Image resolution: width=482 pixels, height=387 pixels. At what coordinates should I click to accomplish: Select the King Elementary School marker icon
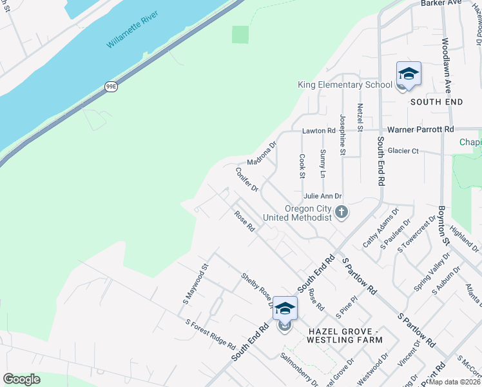coord(409,75)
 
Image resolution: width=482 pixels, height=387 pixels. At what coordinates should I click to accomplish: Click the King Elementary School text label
coord(345,85)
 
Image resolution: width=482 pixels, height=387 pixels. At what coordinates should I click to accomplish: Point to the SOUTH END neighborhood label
coord(436,103)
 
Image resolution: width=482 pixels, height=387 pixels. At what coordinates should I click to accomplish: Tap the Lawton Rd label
coord(319,130)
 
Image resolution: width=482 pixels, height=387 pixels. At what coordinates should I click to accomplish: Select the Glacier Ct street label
coord(403,151)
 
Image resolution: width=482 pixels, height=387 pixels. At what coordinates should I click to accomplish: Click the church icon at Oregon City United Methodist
coord(342,211)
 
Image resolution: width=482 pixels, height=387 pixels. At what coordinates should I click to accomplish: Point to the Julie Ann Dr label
coord(322,195)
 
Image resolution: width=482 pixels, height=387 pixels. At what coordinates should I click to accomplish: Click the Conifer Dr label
coord(247,179)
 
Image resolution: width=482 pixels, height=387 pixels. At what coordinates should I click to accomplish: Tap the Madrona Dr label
coord(260,154)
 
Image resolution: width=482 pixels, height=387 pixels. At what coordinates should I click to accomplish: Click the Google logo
coord(21,379)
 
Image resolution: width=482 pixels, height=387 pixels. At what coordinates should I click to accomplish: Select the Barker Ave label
coord(442,3)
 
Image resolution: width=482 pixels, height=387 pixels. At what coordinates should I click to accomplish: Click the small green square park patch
coord(240,34)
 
